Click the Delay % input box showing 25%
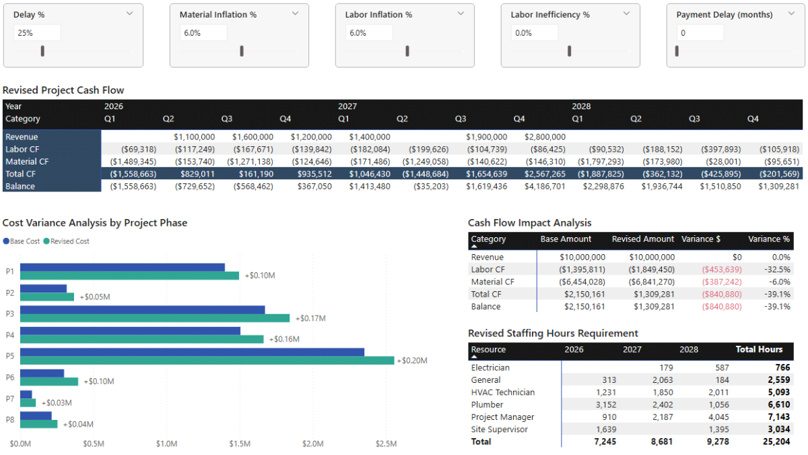tap(37, 32)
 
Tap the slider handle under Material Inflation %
tap(242, 51)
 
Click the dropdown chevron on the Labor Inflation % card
tap(461, 13)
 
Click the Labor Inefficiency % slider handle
tap(570, 51)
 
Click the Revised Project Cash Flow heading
tap(63, 90)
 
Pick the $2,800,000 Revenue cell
tap(545, 137)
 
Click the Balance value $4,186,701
tap(545, 186)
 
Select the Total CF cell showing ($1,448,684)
tap(425, 174)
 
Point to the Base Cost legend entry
tap(22, 241)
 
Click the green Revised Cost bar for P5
tap(207, 361)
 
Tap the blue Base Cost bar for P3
tap(142, 309)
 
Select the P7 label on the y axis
tap(10, 398)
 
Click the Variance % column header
tap(769, 239)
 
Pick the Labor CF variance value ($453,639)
tap(721, 270)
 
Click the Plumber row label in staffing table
tap(487, 404)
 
